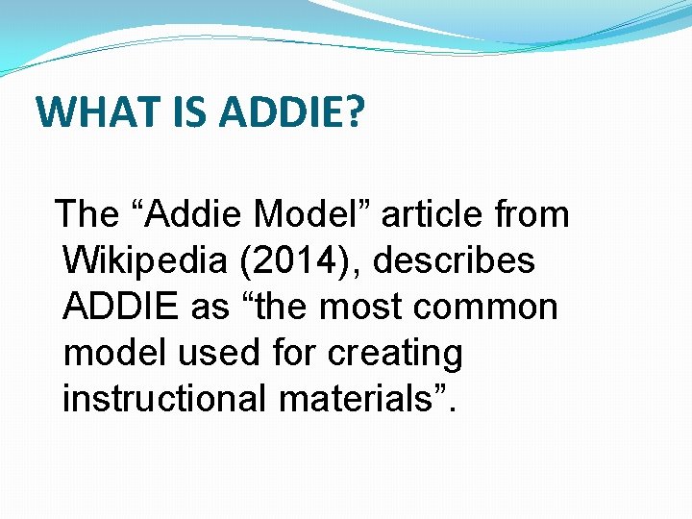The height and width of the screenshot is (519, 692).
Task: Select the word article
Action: [443, 214]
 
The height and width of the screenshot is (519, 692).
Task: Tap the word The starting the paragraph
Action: [84, 214]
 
